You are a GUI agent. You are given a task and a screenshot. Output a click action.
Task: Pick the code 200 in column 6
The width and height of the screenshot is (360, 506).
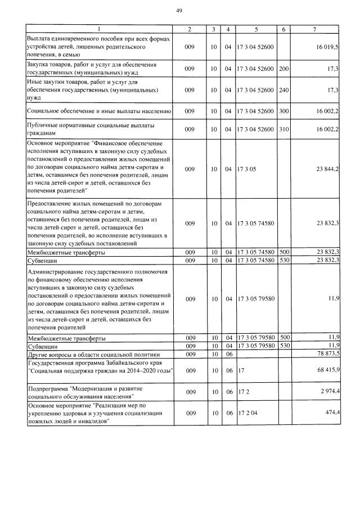tap(283, 69)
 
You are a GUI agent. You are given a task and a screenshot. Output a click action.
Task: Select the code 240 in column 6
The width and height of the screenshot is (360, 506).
tap(283, 89)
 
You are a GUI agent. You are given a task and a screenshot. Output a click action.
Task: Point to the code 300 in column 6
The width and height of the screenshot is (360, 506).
tap(283, 111)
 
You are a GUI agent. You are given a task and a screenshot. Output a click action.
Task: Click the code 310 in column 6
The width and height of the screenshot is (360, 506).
tap(283, 129)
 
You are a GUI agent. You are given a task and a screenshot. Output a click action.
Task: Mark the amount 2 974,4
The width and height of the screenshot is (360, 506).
tap(328, 392)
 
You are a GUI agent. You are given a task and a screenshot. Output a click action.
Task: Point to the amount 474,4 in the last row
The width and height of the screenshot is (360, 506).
tap(330, 413)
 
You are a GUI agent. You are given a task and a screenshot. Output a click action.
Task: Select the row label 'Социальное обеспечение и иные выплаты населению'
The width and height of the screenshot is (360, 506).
tap(99, 111)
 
